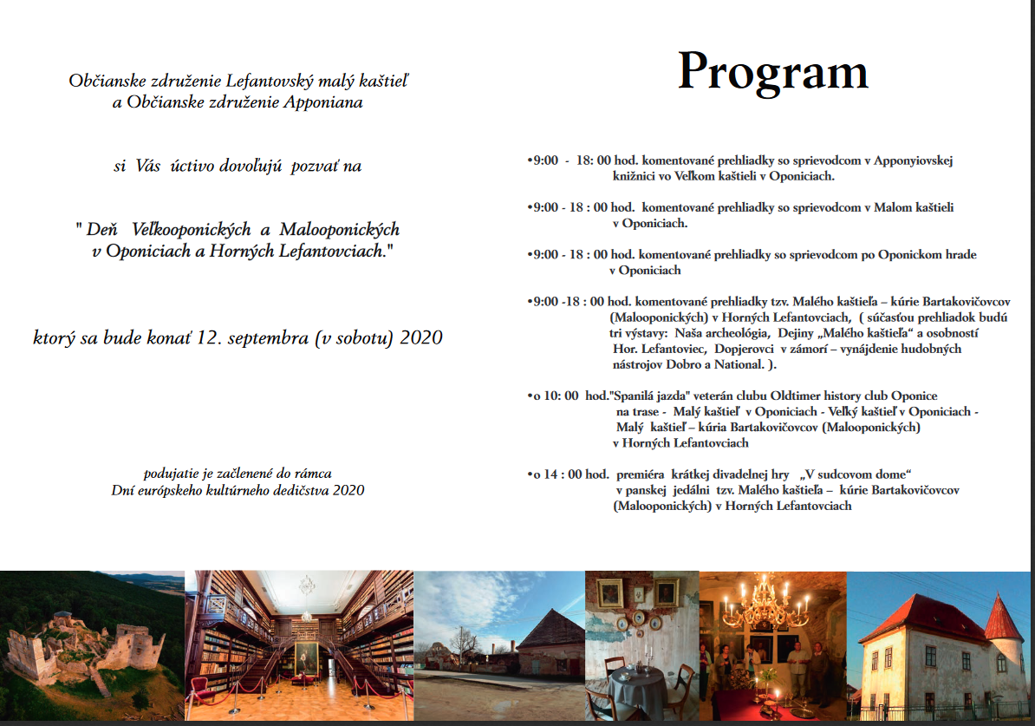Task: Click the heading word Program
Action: pos(772,71)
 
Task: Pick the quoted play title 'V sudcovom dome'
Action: pos(857,474)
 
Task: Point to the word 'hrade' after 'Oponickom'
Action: pos(959,255)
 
